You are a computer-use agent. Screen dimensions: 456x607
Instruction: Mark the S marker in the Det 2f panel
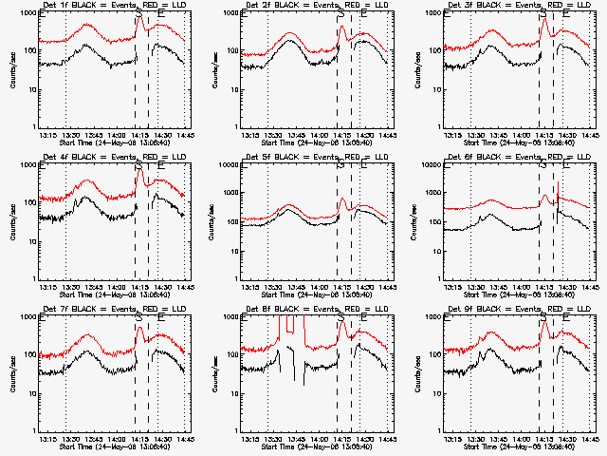340,14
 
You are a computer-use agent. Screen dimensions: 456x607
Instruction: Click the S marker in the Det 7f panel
138,318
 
